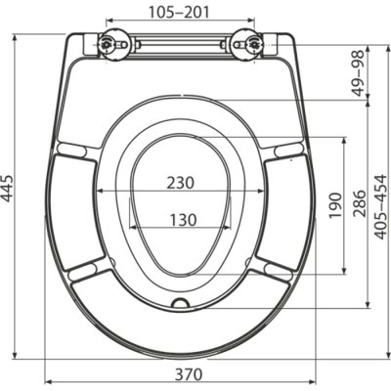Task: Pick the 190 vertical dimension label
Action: [x=336, y=206]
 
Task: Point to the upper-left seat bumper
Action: [x=71, y=149]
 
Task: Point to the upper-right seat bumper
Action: [x=288, y=149]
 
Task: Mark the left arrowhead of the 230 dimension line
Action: [x=98, y=190]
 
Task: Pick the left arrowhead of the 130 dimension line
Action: [x=133, y=228]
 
